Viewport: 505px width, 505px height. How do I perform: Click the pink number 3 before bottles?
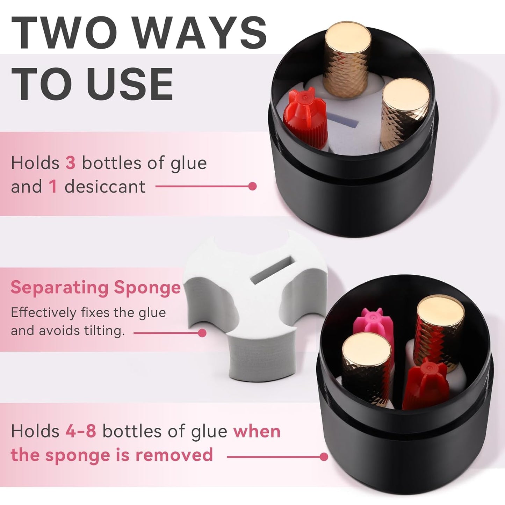(x=70, y=163)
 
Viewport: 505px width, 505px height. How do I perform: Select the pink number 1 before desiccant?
(x=53, y=186)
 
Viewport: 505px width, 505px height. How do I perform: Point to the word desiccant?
(x=105, y=186)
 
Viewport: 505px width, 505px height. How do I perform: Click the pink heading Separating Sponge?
(x=95, y=287)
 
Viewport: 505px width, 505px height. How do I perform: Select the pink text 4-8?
(x=81, y=431)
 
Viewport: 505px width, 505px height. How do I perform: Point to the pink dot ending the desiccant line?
(x=252, y=186)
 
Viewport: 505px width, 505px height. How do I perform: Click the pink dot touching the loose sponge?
(x=202, y=333)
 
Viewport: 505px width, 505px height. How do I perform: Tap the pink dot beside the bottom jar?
(x=324, y=456)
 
